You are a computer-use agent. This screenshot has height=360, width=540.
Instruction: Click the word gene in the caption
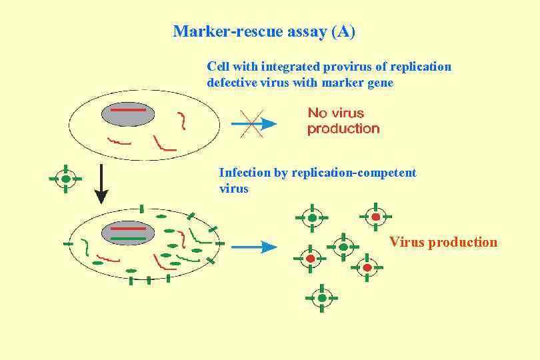click(380, 83)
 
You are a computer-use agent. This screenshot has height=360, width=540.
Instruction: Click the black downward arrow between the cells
click(101, 183)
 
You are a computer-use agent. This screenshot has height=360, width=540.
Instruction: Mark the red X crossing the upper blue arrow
click(251, 123)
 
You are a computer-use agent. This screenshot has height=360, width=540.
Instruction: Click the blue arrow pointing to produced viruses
click(254, 247)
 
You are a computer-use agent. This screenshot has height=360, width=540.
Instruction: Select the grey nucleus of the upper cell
click(128, 114)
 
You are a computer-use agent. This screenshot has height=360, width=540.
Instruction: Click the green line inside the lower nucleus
click(128, 238)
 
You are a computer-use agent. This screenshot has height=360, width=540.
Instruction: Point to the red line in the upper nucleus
click(128, 109)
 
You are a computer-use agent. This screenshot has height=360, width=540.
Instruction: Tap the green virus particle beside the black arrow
click(65, 179)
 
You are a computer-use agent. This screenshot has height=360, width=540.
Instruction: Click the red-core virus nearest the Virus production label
click(376, 217)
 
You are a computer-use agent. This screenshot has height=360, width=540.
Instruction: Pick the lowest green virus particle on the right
click(322, 298)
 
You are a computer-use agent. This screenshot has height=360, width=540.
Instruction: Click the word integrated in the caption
click(291, 67)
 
